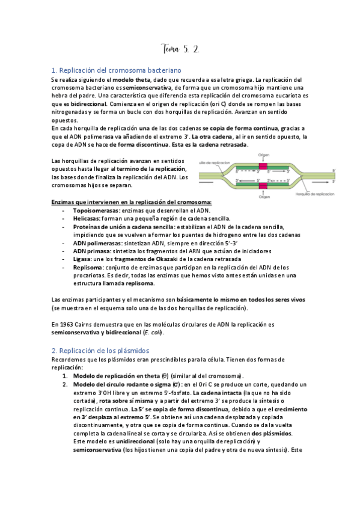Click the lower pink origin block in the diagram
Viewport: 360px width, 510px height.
[263, 185]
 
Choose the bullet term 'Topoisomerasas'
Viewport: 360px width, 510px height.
[96, 211]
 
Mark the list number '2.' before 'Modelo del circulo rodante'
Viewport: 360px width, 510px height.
[65, 384]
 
